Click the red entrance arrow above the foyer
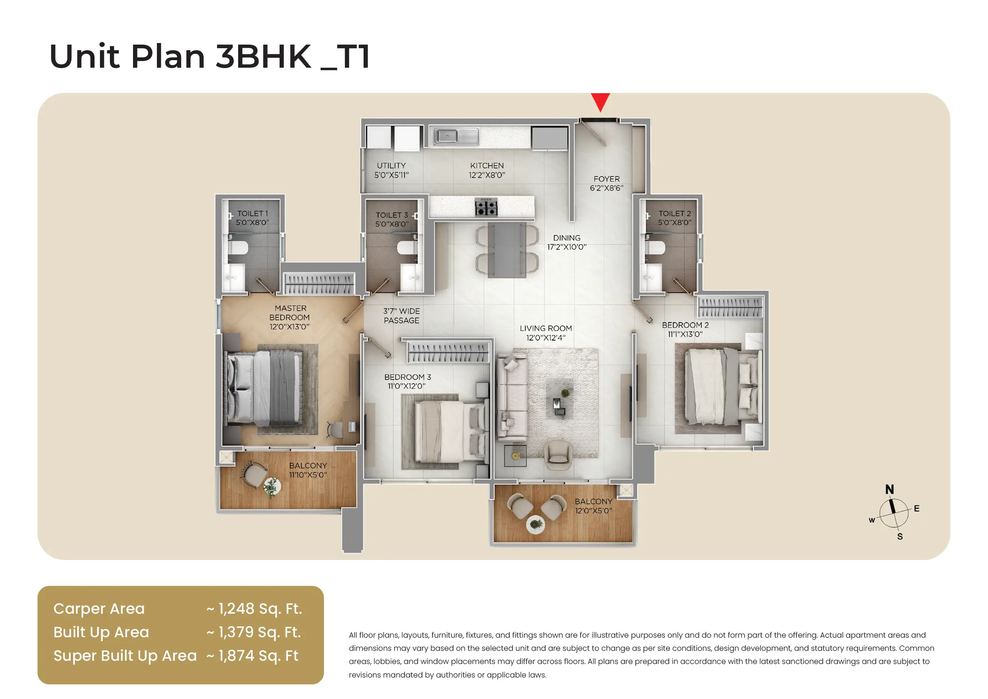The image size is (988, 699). pos(600,102)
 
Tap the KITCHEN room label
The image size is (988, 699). pos(487,166)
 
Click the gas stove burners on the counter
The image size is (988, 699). pos(486,207)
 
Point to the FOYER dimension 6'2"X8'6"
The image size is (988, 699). pos(606,188)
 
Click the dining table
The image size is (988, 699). pos(507,250)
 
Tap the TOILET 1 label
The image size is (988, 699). pos(252,213)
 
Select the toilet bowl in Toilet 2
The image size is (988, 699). pos(656,247)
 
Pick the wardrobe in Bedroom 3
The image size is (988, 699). pos(448,352)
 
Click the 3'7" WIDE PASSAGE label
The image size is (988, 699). pos(401,315)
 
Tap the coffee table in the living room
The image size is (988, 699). pos(559,399)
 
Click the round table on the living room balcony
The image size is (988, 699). pos(536,524)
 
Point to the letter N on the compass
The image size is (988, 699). pos(890,489)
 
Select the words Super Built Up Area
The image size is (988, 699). pos(125,656)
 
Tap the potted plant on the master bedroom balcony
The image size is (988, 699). pos(271,487)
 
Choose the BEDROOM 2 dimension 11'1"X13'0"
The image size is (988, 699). pos(685,335)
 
